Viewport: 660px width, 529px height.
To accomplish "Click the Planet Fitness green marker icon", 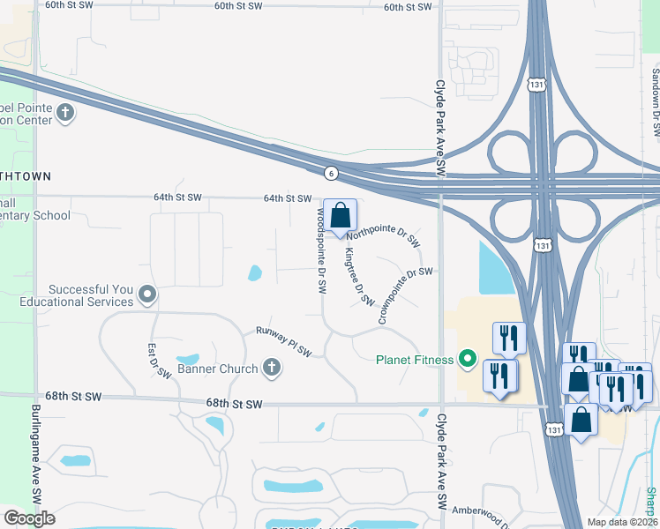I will (x=468, y=359).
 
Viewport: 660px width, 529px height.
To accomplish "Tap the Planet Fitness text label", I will (x=414, y=360).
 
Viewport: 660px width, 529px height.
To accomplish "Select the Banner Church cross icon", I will (x=272, y=368).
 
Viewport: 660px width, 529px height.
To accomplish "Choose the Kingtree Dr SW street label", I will (x=360, y=276).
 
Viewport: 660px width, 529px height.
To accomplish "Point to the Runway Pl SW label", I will (x=284, y=341).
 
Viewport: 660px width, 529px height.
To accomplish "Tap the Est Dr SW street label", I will (x=159, y=361).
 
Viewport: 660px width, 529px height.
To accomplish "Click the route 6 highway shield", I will (x=329, y=173).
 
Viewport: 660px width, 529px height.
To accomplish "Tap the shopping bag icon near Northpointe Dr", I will (x=340, y=215).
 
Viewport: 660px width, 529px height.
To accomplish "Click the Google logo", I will (x=28, y=518).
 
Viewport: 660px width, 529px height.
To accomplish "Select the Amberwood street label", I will (x=476, y=510).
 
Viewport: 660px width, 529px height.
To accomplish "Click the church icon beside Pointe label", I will (x=65, y=113).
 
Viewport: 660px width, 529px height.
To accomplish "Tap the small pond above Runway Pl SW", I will (x=255, y=272).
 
